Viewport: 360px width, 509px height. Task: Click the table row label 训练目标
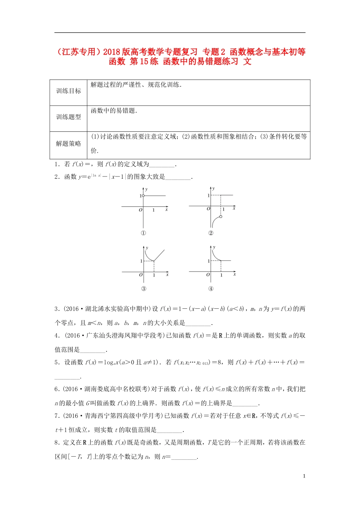[69, 91]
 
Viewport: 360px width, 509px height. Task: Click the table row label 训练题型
[69, 117]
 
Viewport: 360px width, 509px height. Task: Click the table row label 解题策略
[69, 144]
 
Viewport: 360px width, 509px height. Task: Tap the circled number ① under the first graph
[143, 233]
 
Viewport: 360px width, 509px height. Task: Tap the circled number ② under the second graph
[211, 233]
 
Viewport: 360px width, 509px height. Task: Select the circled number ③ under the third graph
[144, 289]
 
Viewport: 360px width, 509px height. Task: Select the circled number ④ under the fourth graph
[211, 289]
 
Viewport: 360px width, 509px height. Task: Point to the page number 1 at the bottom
[304, 476]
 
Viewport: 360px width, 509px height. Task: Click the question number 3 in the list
[56, 309]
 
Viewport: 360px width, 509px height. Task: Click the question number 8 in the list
[56, 442]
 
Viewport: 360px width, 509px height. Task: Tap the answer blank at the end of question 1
[162, 165]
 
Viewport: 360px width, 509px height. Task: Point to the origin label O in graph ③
[141, 275]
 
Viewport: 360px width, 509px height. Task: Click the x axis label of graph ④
[235, 274]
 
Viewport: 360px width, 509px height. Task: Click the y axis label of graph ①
[146, 189]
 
